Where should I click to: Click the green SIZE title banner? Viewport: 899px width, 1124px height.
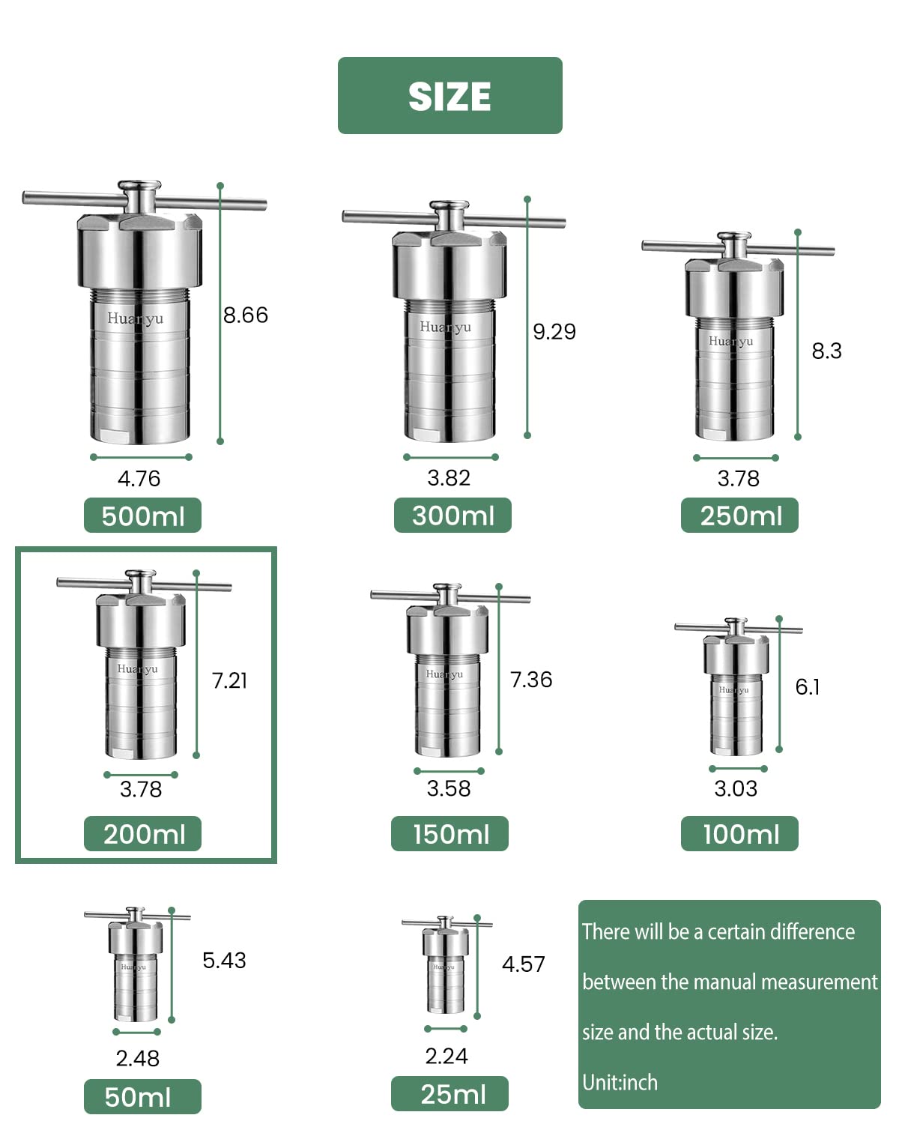pyautogui.click(x=449, y=96)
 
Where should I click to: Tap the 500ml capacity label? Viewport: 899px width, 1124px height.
pyautogui.click(x=142, y=516)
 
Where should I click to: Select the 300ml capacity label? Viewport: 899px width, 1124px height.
pyautogui.click(x=452, y=516)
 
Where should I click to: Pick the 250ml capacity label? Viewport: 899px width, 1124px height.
pyautogui.click(x=740, y=516)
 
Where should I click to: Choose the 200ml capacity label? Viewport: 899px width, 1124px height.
pyautogui.click(x=143, y=834)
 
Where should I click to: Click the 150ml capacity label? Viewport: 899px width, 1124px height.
pyautogui.click(x=449, y=834)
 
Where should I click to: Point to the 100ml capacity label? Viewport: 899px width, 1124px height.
pyautogui.click(x=740, y=834)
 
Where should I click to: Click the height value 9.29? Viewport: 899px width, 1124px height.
pyautogui.click(x=554, y=331)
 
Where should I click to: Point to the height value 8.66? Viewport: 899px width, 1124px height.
pyautogui.click(x=246, y=315)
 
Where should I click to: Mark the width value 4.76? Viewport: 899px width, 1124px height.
pyautogui.click(x=139, y=478)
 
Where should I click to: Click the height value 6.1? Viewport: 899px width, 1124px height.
pyautogui.click(x=808, y=686)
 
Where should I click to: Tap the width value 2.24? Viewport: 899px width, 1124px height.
pyautogui.click(x=447, y=1056)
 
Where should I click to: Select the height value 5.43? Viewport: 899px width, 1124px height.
pyautogui.click(x=224, y=960)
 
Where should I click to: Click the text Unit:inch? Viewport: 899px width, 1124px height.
pyautogui.click(x=620, y=1082)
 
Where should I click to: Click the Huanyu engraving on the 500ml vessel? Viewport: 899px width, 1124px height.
pyautogui.click(x=135, y=318)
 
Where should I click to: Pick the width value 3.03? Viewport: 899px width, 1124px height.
pyautogui.click(x=736, y=788)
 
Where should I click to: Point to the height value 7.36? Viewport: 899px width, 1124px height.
pyautogui.click(x=531, y=680)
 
